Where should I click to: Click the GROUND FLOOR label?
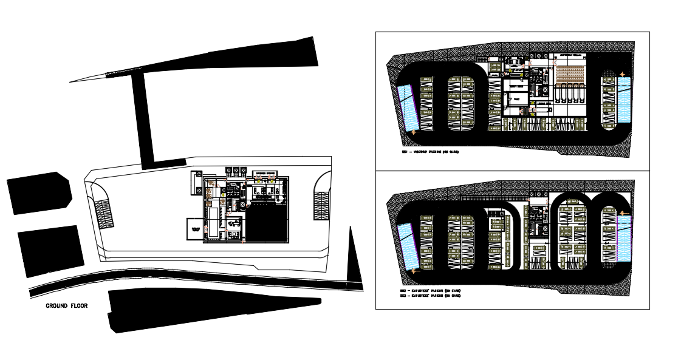tap(67, 306)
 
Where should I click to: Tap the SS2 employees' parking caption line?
tap(429, 291)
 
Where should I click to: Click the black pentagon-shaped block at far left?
tap(39, 192)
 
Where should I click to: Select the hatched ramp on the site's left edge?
tap(104, 213)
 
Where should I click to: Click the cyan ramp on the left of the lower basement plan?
tap(408, 245)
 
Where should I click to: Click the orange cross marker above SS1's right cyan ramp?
tap(621, 74)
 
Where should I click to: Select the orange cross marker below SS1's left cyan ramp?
tap(414, 132)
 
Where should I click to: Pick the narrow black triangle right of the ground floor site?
tap(354, 258)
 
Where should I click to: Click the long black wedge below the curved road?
tap(207, 308)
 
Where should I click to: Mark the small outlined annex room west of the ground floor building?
tap(196, 229)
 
